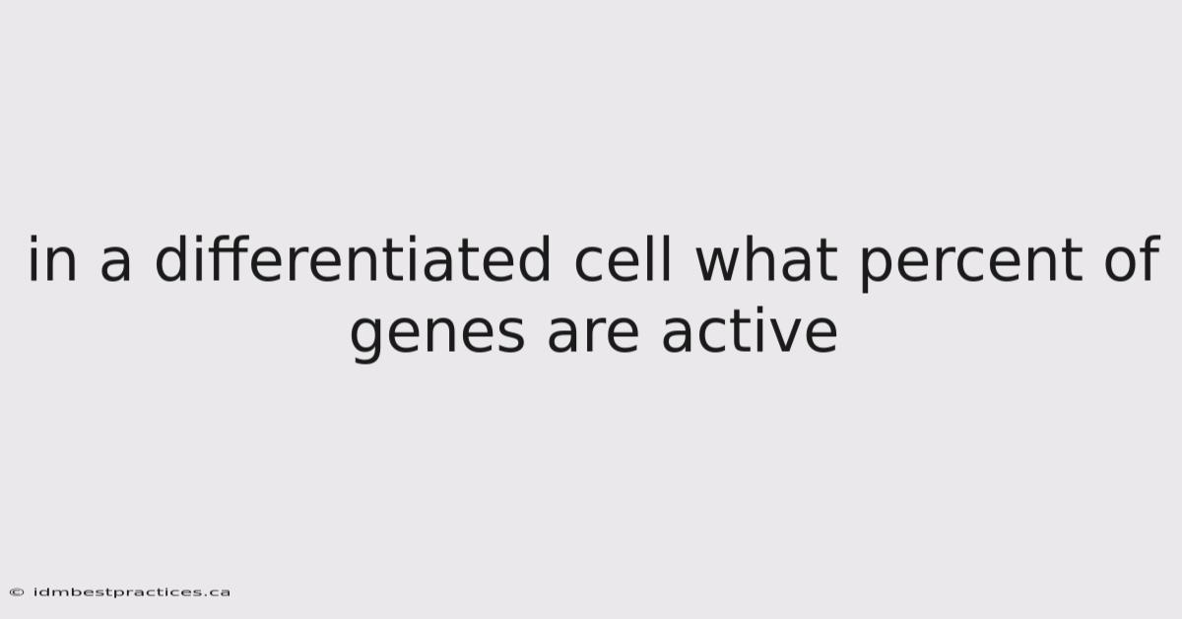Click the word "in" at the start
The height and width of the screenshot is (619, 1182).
tap(52, 258)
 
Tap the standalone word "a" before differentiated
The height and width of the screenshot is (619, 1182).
tap(115, 264)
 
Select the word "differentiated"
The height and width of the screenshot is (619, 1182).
tap(353, 258)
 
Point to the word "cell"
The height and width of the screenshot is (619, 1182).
tap(624, 258)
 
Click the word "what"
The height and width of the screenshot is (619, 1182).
tap(766, 258)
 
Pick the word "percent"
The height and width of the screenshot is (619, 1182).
tap(971, 263)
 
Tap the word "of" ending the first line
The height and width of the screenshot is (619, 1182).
tap(1132, 258)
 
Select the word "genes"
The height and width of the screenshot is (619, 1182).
tap(437, 335)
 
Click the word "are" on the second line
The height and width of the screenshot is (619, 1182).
tap(593, 335)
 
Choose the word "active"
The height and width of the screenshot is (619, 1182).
tap(750, 330)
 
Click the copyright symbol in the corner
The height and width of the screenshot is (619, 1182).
tap(17, 592)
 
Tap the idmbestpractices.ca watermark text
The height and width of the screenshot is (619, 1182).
tap(131, 592)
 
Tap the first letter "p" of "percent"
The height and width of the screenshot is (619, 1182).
tap(877, 269)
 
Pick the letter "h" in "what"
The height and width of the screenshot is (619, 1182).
tap(762, 258)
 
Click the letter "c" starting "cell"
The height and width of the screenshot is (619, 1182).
tap(588, 264)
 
